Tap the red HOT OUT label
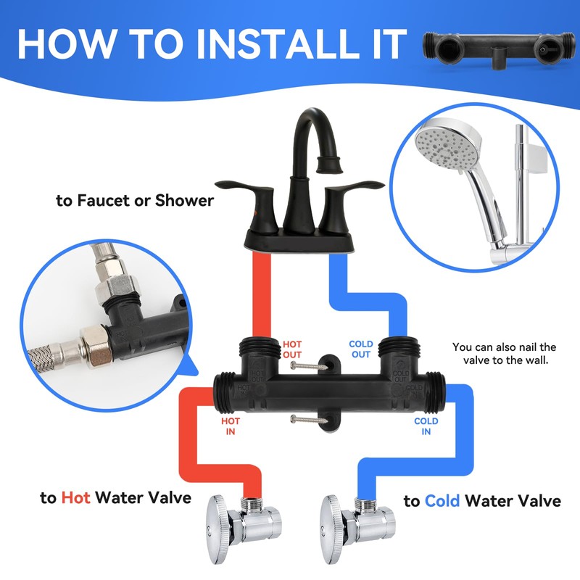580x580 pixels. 292,349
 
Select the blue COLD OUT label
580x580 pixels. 361,349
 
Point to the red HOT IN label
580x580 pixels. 231,426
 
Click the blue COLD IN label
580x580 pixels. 426,426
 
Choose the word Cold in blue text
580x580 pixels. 443,500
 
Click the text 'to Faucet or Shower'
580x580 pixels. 135,200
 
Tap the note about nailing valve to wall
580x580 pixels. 504,354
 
